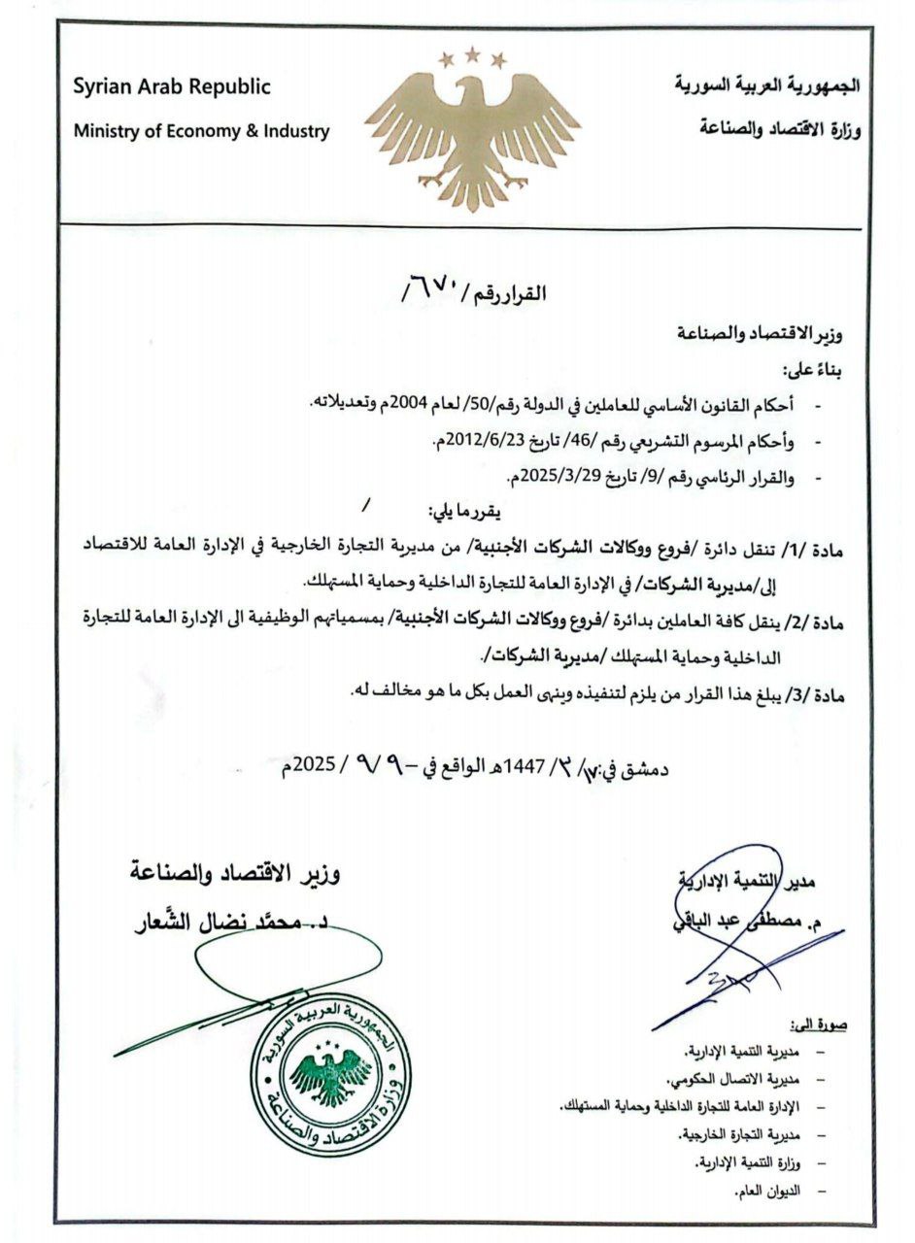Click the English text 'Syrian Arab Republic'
pos(171,86)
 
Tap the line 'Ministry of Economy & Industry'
pos(202,131)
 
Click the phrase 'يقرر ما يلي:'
pos(467,511)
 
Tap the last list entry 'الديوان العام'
pos(771,1191)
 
